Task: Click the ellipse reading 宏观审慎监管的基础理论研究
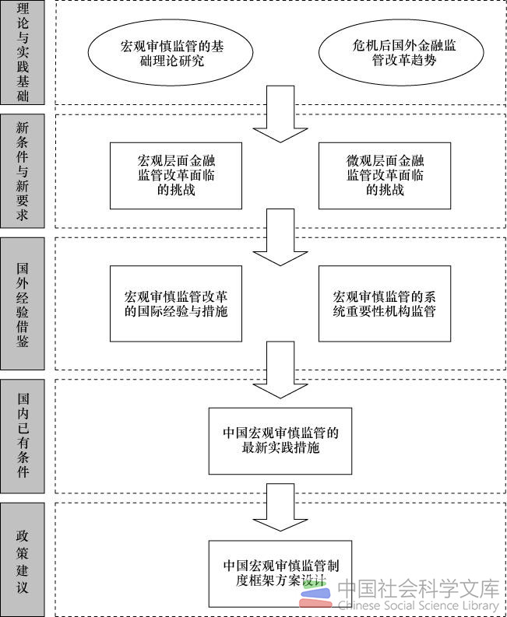coord(171,52)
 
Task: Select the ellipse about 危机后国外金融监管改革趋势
coord(401,52)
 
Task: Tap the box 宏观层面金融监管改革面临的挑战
coord(176,176)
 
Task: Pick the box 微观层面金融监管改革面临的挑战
coord(385,176)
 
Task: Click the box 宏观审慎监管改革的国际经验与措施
coord(176,303)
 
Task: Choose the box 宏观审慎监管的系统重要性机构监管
coord(385,303)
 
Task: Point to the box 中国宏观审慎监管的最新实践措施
coord(280,440)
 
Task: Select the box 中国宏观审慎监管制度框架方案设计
coord(280,573)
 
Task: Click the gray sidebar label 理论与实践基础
coord(23,52)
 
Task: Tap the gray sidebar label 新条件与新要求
coord(23,170)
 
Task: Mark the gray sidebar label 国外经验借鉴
coord(23,303)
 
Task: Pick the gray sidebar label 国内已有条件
coord(23,436)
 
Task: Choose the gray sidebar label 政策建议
coord(23,559)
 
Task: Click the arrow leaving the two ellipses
coord(280,114)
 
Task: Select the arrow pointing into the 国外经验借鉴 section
coord(280,237)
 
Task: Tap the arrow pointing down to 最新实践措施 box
coord(280,370)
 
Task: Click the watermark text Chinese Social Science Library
coord(418,605)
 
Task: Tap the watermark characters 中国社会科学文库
coord(418,587)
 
